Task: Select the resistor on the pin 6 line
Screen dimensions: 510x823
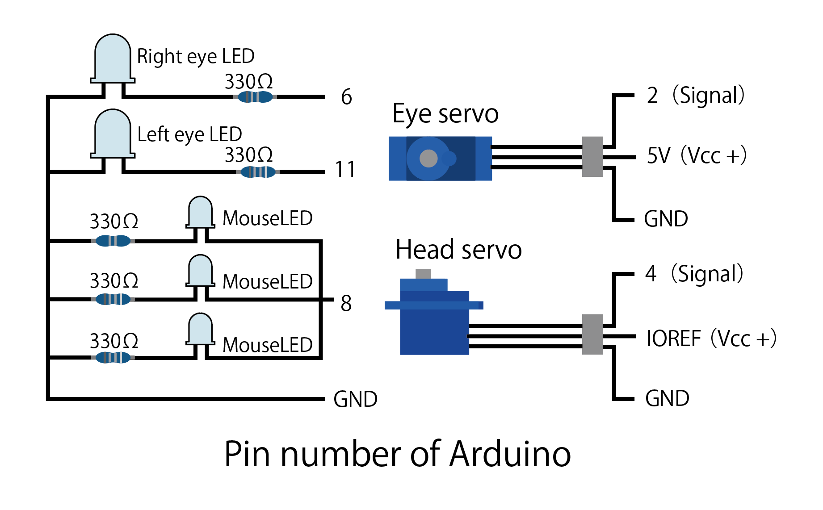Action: (x=255, y=96)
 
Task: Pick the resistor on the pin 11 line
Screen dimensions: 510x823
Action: (x=258, y=171)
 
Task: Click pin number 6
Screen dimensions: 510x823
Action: (x=346, y=97)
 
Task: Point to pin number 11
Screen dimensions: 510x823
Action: (x=345, y=170)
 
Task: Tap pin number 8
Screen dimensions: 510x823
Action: (x=346, y=304)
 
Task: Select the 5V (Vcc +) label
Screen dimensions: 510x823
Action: (x=697, y=156)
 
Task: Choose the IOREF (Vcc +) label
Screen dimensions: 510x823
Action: (x=711, y=339)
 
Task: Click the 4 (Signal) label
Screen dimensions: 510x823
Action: (x=694, y=274)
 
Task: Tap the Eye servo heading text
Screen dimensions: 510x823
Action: (x=445, y=114)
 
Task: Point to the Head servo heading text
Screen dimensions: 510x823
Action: (x=458, y=250)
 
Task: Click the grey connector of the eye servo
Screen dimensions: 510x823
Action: (x=592, y=157)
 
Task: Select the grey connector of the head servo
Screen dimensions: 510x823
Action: (x=592, y=334)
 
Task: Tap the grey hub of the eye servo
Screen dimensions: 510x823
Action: (x=428, y=158)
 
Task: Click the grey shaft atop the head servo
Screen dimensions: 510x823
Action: (x=423, y=273)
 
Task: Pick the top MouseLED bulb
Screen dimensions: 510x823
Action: (x=200, y=212)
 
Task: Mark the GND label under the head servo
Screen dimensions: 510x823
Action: (x=667, y=398)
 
